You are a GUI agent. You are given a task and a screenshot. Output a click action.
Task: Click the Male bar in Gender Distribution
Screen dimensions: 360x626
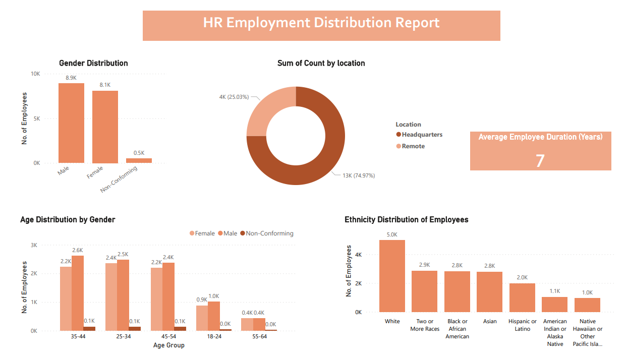[x=71, y=123]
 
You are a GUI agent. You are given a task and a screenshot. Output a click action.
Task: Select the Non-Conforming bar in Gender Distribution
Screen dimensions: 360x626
[x=139, y=160]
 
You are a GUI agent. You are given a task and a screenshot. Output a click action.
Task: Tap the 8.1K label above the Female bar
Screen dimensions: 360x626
[x=105, y=85]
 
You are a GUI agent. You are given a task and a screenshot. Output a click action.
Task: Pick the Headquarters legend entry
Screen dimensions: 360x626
[x=422, y=135]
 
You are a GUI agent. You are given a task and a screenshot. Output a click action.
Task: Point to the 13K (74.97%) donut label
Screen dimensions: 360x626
[x=359, y=175]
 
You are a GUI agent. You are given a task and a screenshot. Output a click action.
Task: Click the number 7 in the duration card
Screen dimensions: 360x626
[x=540, y=160]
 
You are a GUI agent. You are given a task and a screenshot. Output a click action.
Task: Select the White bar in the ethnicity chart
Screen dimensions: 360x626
[x=392, y=276]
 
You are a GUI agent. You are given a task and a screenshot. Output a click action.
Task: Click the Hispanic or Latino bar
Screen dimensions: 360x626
[x=522, y=297]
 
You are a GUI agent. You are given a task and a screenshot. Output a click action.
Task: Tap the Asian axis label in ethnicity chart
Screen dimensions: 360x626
[x=489, y=321]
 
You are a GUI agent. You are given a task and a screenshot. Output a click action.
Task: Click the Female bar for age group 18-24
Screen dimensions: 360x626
[x=202, y=318]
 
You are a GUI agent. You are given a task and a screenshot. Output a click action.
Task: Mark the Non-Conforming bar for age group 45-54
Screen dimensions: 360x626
[x=180, y=329]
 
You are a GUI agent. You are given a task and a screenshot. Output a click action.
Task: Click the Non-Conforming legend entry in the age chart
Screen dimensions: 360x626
[x=269, y=233]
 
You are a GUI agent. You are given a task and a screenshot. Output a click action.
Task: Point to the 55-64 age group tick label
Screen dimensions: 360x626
[x=259, y=336]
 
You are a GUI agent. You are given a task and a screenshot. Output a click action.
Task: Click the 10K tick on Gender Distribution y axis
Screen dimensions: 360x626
[x=36, y=74]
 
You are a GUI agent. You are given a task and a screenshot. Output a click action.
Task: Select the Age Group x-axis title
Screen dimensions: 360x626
[x=168, y=345]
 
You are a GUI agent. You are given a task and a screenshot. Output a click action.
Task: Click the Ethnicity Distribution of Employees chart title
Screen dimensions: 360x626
[x=406, y=220]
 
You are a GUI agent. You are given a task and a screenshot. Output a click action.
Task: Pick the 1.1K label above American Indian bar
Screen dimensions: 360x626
[x=554, y=291]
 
